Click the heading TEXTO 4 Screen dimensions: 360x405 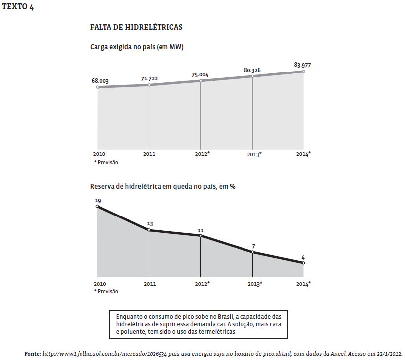[18, 7]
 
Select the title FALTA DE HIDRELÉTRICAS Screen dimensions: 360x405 [136, 27]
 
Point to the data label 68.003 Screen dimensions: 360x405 [100, 80]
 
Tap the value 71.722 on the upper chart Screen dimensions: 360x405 [149, 79]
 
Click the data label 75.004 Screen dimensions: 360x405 [200, 75]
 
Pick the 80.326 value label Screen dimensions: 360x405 [253, 70]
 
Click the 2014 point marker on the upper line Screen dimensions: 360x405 [304, 72]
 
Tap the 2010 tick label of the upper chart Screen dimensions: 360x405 [99, 154]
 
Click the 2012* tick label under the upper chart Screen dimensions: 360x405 [202, 154]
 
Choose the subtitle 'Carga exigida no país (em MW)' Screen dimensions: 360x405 [137, 47]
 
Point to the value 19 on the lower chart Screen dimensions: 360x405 [98, 201]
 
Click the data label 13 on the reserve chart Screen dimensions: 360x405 [150, 224]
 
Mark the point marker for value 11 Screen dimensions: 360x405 [200, 236]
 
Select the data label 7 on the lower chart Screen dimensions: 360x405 [253, 246]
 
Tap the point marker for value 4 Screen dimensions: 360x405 [304, 263]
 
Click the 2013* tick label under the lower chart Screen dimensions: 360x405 [254, 284]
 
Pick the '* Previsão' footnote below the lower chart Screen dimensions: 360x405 [106, 291]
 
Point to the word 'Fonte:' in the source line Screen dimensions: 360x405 [32, 353]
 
